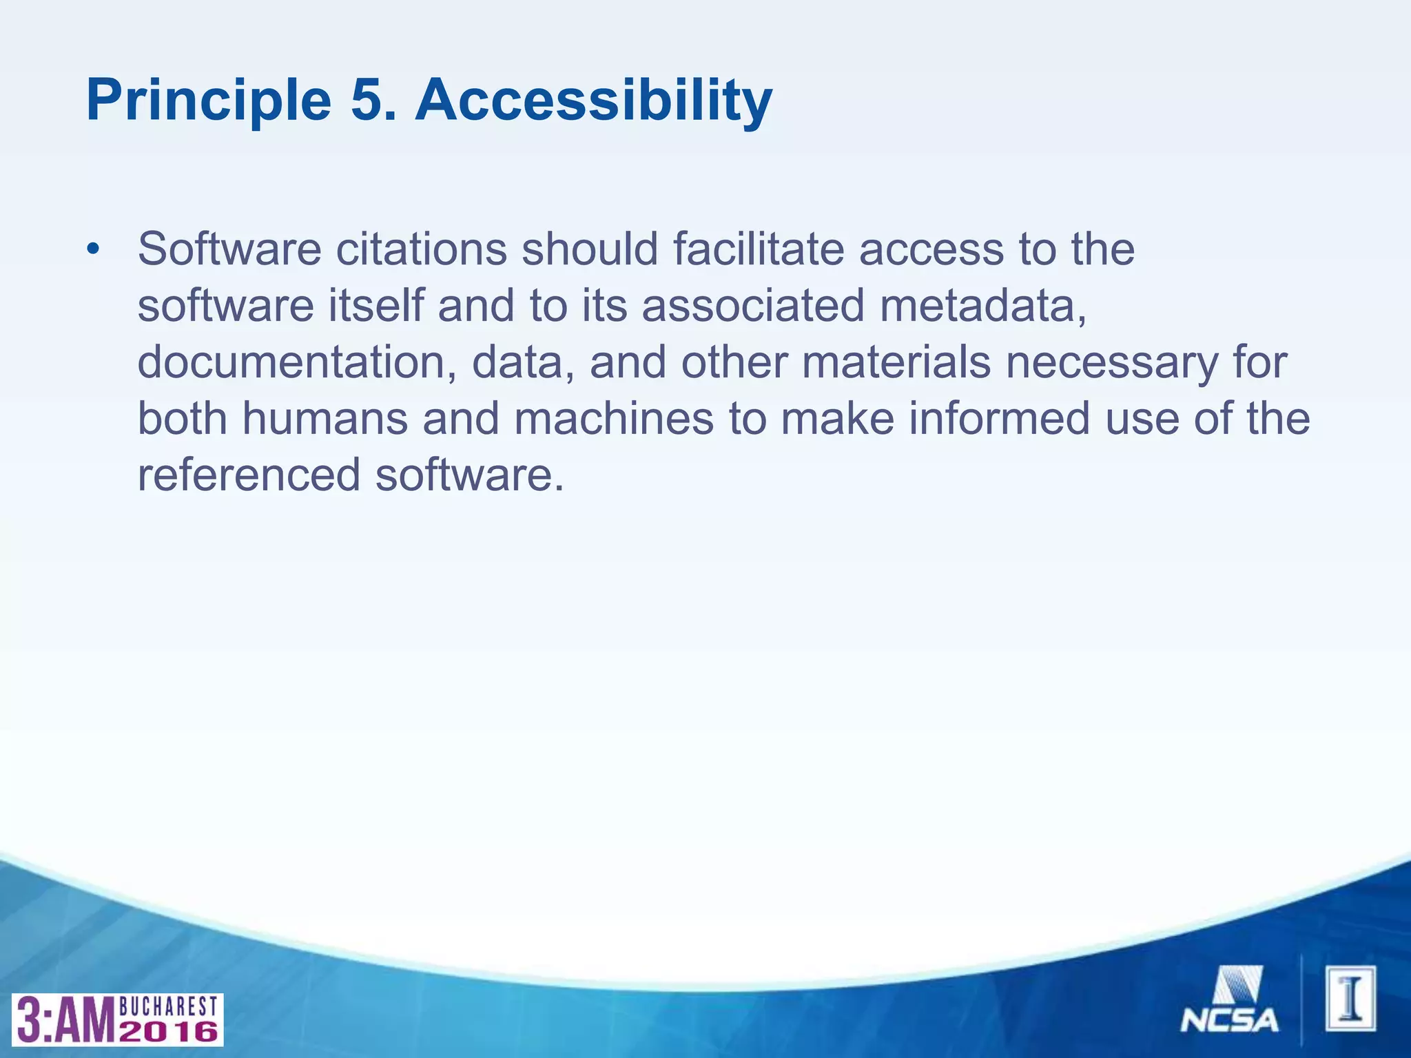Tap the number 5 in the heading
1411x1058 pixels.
[372, 101]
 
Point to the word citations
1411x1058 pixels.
[421, 249]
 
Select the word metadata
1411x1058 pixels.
[982, 305]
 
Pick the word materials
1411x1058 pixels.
[896, 362]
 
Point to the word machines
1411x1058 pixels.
[613, 419]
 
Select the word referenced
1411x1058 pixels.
[249, 476]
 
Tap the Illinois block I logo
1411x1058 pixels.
[1350, 999]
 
